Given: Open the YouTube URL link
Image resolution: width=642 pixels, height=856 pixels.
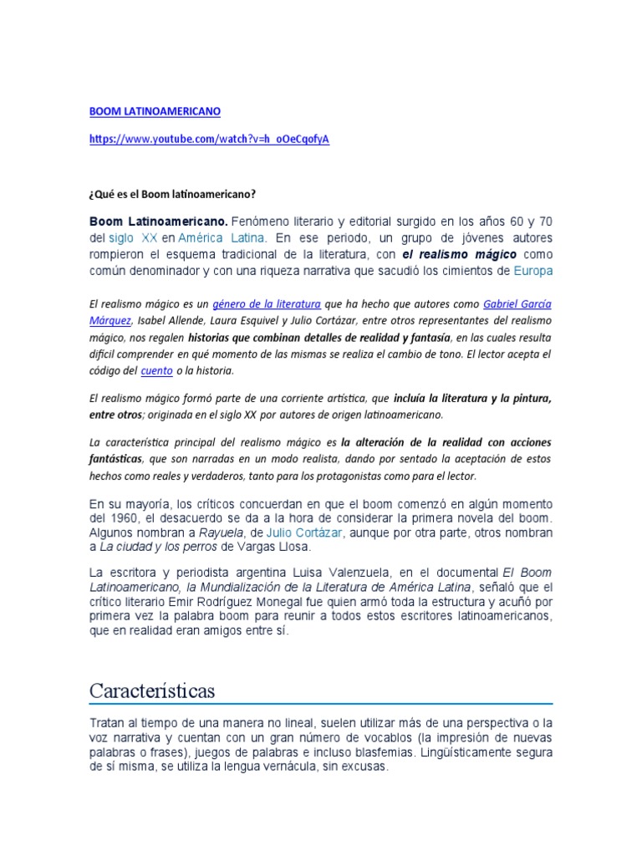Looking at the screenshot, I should tap(209, 139).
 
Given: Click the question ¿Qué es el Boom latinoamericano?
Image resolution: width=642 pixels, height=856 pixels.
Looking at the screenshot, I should tap(172, 194).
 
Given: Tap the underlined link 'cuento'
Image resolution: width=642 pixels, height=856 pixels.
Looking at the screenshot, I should tap(155, 369).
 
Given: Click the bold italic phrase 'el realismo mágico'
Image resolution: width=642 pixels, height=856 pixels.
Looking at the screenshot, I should tap(459, 254).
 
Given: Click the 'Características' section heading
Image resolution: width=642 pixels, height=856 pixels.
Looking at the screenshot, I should tap(152, 691).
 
